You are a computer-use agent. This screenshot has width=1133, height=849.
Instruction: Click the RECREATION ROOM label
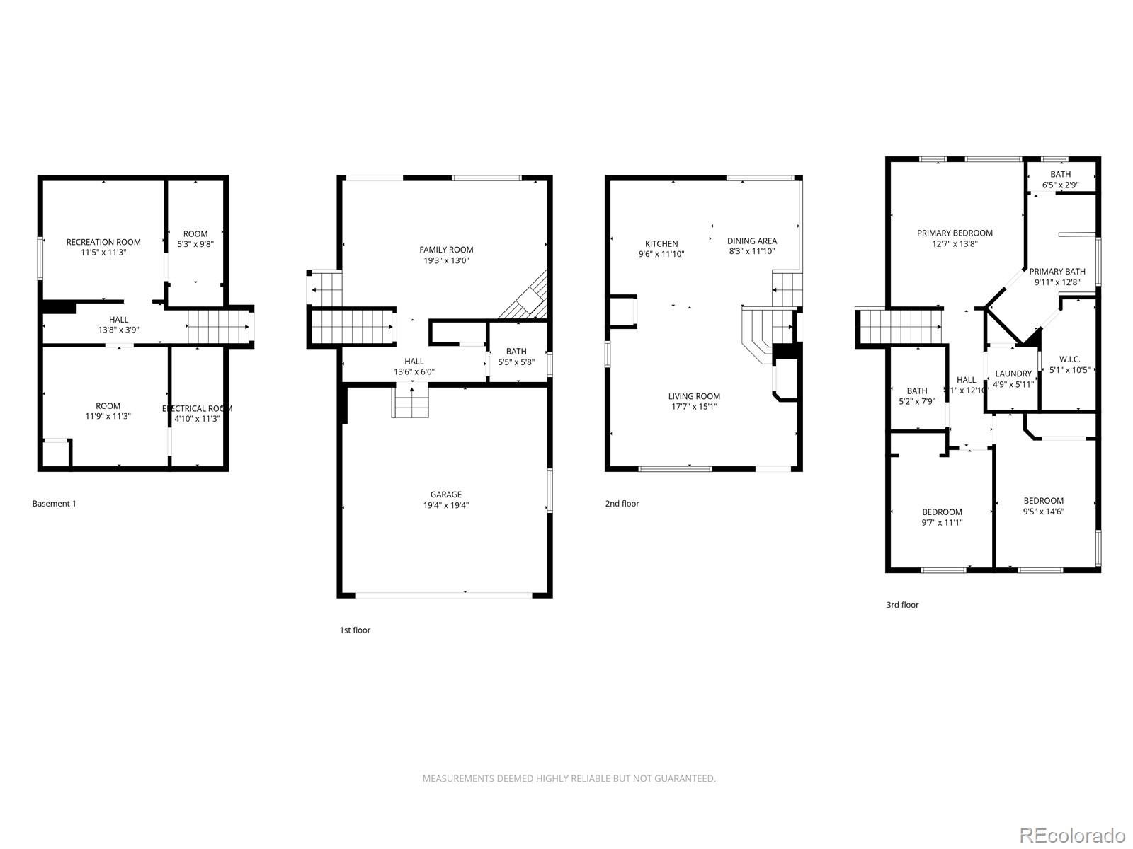click(x=103, y=242)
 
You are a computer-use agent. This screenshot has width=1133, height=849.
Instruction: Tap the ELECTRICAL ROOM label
click(x=197, y=408)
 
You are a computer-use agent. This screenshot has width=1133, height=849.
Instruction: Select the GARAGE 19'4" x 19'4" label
click(x=445, y=500)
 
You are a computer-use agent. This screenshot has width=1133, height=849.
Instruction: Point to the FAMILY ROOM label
click(x=446, y=250)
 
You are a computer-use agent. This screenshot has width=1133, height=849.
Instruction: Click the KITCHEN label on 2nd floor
click(x=661, y=244)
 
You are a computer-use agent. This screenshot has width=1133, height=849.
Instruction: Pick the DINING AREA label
click(x=751, y=241)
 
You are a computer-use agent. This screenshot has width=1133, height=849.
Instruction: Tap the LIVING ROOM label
click(x=694, y=397)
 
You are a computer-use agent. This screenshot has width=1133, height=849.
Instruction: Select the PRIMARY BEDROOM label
click(x=955, y=233)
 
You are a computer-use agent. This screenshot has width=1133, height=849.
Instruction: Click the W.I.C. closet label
click(x=1069, y=359)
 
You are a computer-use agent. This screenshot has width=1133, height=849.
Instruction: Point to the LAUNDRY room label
click(x=1013, y=374)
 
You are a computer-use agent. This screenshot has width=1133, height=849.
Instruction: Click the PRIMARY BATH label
click(x=1057, y=272)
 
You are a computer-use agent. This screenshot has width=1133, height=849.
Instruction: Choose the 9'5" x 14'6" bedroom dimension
click(x=1043, y=512)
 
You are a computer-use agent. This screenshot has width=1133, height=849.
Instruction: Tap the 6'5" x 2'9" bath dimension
click(x=1060, y=185)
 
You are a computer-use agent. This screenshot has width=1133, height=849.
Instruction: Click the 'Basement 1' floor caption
click(x=54, y=504)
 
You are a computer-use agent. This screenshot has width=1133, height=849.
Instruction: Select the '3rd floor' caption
click(x=902, y=605)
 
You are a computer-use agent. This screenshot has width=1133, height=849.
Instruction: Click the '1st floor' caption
click(x=355, y=630)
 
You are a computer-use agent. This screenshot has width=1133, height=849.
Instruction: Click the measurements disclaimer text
click(x=569, y=778)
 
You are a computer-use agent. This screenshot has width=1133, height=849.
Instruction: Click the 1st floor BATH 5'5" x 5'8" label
click(x=516, y=357)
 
